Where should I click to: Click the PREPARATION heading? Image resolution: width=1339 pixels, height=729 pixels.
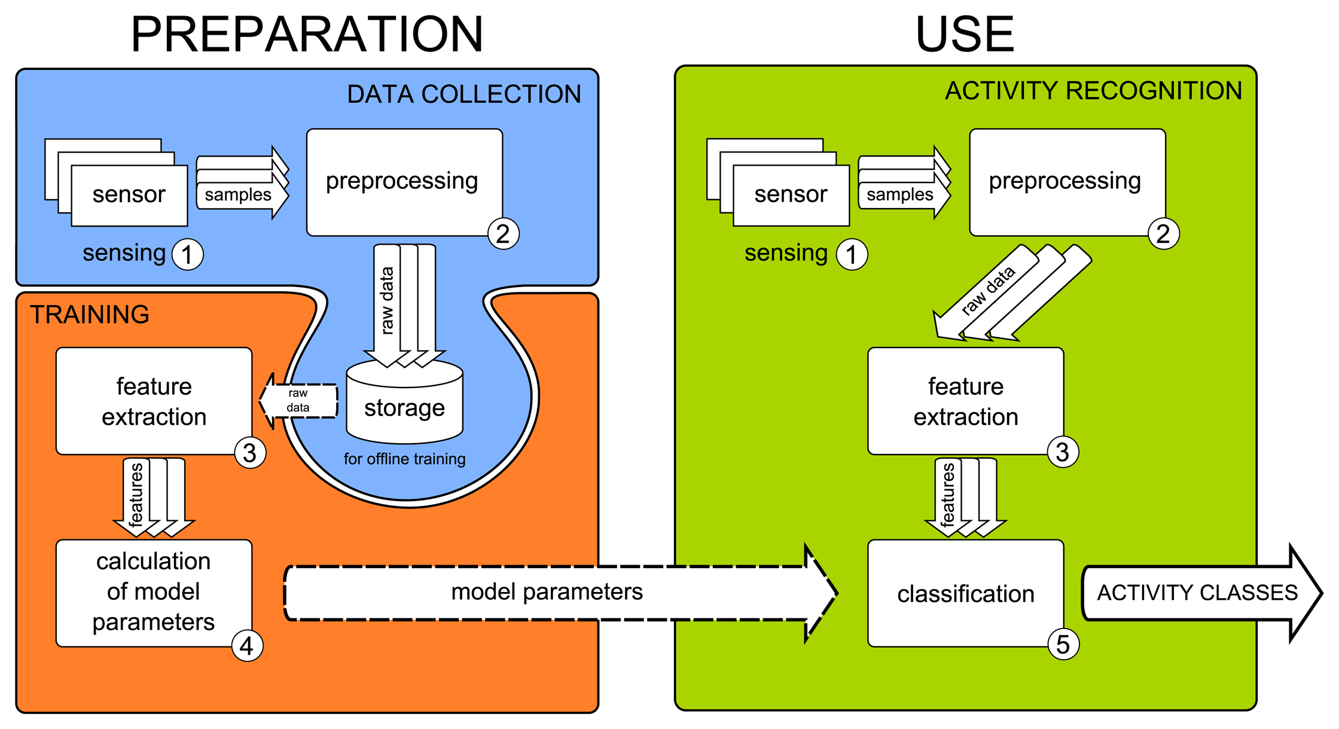[307, 35]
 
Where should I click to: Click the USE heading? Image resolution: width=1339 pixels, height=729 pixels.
[964, 35]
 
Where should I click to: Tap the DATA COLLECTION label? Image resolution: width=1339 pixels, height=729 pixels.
[463, 94]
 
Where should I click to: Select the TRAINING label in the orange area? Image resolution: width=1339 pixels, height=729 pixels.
[90, 315]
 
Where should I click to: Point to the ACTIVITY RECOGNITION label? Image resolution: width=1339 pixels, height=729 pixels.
[1093, 91]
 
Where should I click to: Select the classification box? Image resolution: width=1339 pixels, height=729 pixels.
[965, 593]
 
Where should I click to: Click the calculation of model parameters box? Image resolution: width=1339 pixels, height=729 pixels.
[154, 592]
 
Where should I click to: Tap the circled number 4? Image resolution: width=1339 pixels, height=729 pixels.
[246, 646]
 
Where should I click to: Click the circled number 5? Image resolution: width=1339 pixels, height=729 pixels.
[1063, 645]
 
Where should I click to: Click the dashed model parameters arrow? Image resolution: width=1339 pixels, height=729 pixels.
[547, 592]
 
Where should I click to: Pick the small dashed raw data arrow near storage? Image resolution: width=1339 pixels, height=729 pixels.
[298, 401]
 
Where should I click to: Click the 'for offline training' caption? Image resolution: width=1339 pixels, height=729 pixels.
[404, 459]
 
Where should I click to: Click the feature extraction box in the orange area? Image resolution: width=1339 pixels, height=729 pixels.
[154, 401]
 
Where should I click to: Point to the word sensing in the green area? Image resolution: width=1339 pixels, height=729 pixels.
[786, 253]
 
